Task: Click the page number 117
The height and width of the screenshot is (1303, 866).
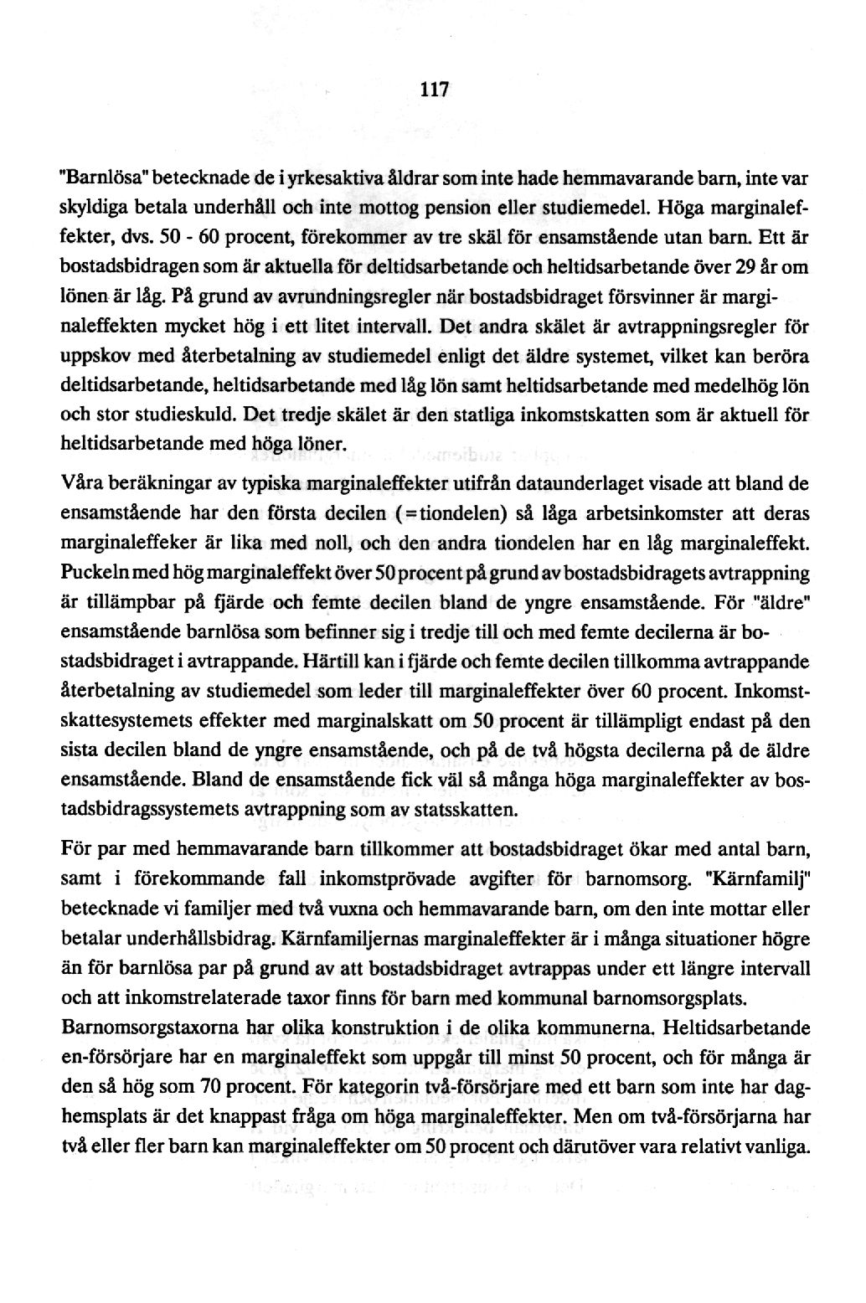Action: point(436,88)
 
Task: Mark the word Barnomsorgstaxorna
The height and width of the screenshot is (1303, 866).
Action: point(140,1027)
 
